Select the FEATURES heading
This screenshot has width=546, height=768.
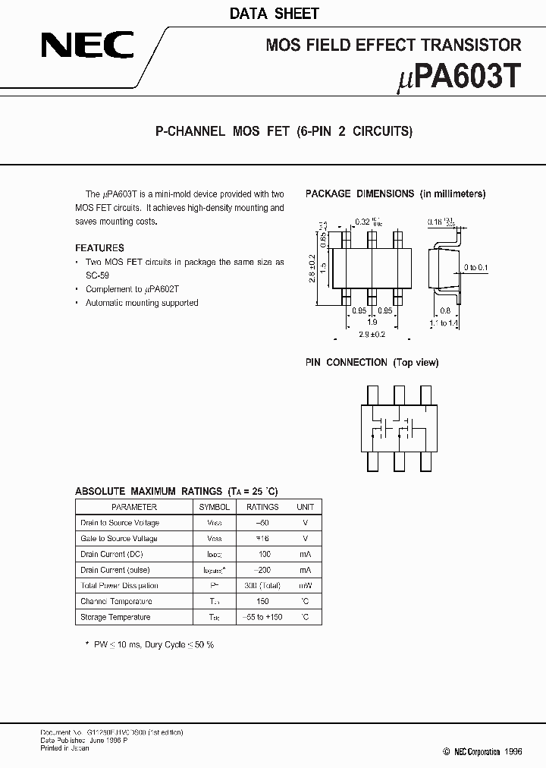pos(99,247)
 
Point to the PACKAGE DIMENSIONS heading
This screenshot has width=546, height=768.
pos(359,194)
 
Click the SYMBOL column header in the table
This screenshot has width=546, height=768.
pos(215,507)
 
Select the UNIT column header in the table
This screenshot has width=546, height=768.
pos(305,507)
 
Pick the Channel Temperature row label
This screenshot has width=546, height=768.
pos(115,601)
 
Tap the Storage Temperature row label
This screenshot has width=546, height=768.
pos(115,617)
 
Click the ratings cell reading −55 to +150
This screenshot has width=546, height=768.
pos(263,617)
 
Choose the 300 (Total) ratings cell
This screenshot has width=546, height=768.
pos(263,586)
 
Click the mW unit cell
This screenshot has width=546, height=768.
pos(305,586)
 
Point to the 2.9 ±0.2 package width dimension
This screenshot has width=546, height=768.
pos(372,334)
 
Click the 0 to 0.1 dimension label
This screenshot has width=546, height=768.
pos(476,267)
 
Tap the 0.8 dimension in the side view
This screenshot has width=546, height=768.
pos(445,310)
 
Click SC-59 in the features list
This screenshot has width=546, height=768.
pos(97,275)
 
